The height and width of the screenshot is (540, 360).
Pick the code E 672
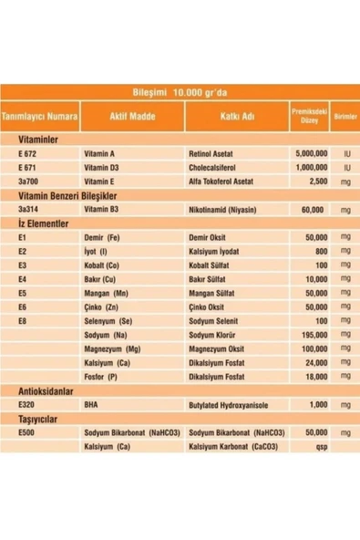tap(30, 156)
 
